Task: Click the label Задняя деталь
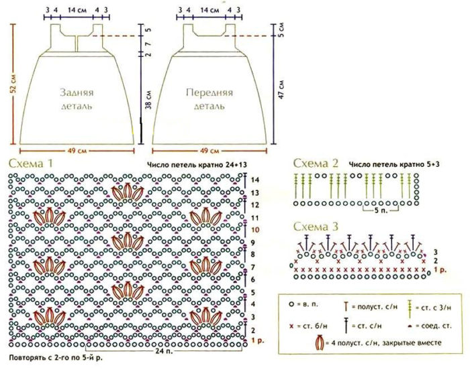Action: coord(75,99)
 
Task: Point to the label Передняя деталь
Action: coord(209,99)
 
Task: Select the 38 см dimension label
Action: coord(148,101)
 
